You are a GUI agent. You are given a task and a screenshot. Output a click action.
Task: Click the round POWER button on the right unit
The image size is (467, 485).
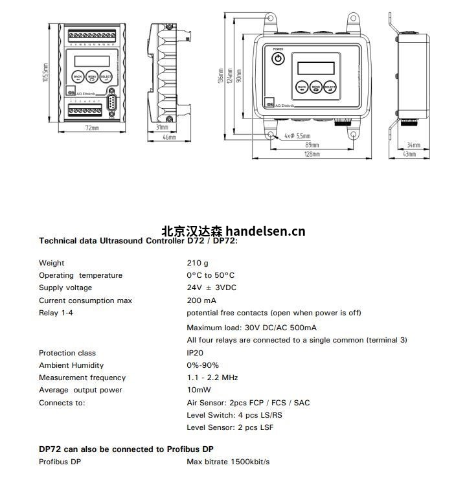[278, 59]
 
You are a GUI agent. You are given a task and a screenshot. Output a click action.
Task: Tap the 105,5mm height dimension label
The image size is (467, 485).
[46, 73]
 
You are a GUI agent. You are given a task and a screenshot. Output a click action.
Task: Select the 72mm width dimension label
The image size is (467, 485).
[91, 129]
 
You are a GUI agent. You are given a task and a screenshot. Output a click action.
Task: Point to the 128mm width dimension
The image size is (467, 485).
[312, 154]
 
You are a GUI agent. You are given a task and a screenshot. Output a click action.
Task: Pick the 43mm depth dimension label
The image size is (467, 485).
[409, 154]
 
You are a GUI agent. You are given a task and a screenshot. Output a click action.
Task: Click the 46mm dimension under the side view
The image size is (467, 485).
[168, 138]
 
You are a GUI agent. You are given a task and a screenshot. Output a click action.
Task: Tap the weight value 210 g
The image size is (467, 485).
[198, 263]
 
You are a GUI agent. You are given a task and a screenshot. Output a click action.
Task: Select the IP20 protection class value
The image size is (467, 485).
[196, 353]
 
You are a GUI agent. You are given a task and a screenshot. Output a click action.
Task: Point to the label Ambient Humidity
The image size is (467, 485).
[71, 365]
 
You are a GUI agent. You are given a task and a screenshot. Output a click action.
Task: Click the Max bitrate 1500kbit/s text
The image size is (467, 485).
[228, 462]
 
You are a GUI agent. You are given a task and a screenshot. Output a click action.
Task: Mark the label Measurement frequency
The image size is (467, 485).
[82, 378]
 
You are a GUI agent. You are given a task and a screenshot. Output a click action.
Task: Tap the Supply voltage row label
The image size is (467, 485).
[65, 288]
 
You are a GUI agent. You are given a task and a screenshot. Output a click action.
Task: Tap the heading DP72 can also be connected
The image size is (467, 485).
[126, 449]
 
